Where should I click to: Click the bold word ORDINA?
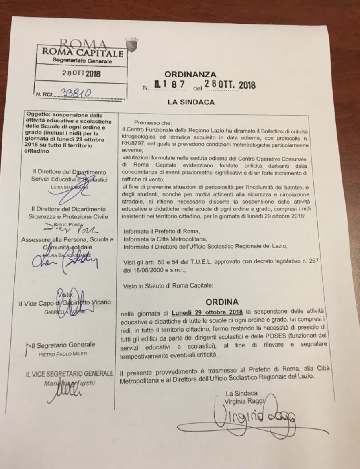point(223,301)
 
